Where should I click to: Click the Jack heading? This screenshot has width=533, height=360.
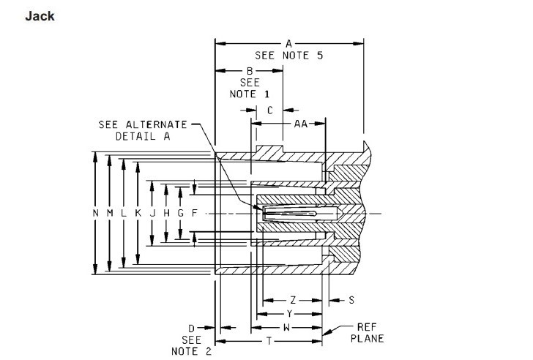pos(40,16)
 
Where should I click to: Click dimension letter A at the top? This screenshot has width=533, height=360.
pos(288,44)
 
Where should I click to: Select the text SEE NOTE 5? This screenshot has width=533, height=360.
pos(288,56)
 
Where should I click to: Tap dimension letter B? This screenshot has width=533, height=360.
pos(250,71)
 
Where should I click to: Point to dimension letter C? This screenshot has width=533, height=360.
pos(270,110)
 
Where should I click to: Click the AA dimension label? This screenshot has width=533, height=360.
pos(301,124)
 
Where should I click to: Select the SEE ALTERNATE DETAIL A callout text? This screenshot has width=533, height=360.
pos(143,130)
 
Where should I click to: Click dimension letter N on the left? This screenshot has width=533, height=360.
pos(95,213)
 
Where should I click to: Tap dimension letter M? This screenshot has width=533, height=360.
pos(110,213)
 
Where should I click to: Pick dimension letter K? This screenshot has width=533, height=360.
pos(138,213)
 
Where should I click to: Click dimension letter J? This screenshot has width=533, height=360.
pos(152,213)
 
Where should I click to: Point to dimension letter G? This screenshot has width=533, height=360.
pos(181,213)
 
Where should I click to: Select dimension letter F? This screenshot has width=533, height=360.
pos(195,213)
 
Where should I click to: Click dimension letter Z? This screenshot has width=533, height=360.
pos(293,300)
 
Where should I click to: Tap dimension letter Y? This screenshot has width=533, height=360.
pos(289,314)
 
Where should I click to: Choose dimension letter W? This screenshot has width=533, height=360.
pos(286,328)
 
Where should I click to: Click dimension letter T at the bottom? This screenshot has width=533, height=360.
pos(269,341)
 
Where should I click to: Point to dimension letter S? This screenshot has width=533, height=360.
pos(351,300)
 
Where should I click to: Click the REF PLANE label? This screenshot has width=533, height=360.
pos(367,333)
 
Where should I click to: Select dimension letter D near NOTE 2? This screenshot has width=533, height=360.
pos(191,329)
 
